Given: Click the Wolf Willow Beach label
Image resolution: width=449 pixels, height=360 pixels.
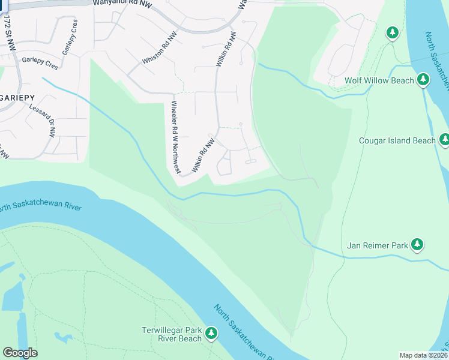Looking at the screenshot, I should (x=379, y=80).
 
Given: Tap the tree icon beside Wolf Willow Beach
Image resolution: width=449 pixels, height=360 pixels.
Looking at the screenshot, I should (x=423, y=80).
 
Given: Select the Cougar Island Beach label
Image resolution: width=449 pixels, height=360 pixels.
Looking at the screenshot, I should (x=397, y=140).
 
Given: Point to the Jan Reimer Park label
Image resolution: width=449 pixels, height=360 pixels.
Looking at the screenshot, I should (x=378, y=245).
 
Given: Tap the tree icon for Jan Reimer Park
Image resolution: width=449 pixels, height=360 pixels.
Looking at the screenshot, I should (x=417, y=244).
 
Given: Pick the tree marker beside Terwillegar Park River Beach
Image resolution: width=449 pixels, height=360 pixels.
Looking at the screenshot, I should (x=211, y=334).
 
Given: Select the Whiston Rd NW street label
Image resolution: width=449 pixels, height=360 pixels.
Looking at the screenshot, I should (x=160, y=49).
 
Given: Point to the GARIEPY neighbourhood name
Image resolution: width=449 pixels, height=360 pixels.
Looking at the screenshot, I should (x=17, y=97).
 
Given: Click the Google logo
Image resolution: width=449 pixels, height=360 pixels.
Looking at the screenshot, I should (x=20, y=353).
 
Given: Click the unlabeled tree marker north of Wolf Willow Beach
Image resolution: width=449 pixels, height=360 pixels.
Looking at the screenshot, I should (x=393, y=32).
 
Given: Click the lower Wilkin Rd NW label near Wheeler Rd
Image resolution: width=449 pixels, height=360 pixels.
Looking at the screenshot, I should (x=203, y=156).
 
